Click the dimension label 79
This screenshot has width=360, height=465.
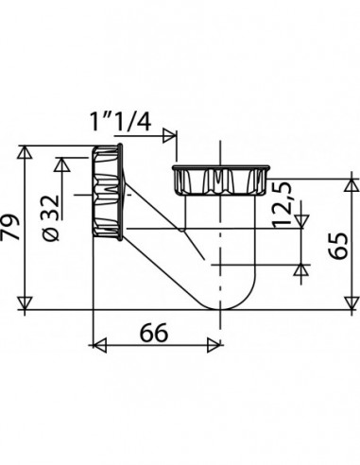click(10, 227)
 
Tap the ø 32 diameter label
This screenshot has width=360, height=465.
click(51, 218)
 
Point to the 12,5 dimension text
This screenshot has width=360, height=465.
click(281, 205)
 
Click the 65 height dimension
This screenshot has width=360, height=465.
click(337, 246)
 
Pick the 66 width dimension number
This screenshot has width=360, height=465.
click(154, 333)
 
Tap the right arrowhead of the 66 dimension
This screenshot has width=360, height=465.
click(214, 345)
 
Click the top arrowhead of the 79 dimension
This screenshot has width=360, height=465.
click(25, 152)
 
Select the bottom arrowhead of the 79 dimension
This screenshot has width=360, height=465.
click(25, 303)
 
